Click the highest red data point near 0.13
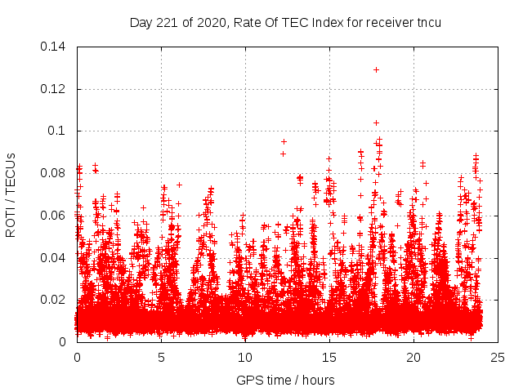376,69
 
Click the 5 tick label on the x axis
161,357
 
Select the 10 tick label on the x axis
245,357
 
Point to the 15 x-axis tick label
329,357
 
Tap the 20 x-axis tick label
413,357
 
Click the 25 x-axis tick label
498,357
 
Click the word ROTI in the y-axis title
11,221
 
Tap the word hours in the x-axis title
317,380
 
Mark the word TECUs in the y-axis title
11,174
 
